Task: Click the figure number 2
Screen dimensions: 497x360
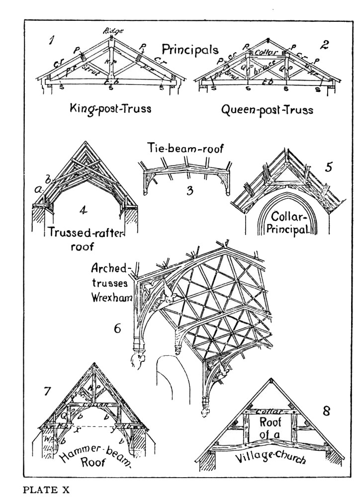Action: (x=324, y=45)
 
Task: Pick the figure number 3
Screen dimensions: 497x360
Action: (x=189, y=190)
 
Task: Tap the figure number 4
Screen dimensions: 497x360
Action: (x=83, y=210)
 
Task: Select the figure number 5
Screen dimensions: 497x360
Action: (x=328, y=167)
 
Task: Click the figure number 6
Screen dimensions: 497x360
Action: (x=118, y=329)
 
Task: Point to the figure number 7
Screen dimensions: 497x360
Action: (x=47, y=391)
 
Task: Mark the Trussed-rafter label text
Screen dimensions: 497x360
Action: (x=86, y=232)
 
